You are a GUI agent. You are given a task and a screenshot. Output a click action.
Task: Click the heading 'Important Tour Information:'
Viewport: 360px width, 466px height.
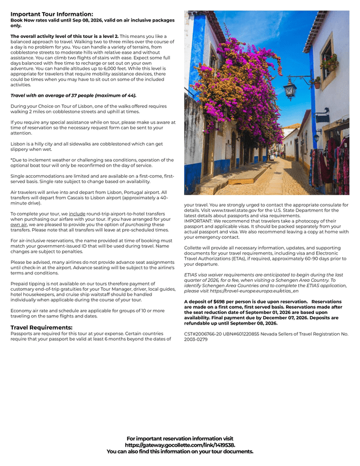(51, 14)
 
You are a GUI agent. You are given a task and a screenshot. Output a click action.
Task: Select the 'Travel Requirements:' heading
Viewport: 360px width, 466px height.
(41, 327)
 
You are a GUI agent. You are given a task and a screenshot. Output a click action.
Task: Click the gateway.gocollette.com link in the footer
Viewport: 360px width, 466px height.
(179, 444)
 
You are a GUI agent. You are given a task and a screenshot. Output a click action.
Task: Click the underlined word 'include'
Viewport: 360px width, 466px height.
(77, 214)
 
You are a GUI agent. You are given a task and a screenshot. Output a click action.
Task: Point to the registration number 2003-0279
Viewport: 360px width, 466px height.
(195, 338)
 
